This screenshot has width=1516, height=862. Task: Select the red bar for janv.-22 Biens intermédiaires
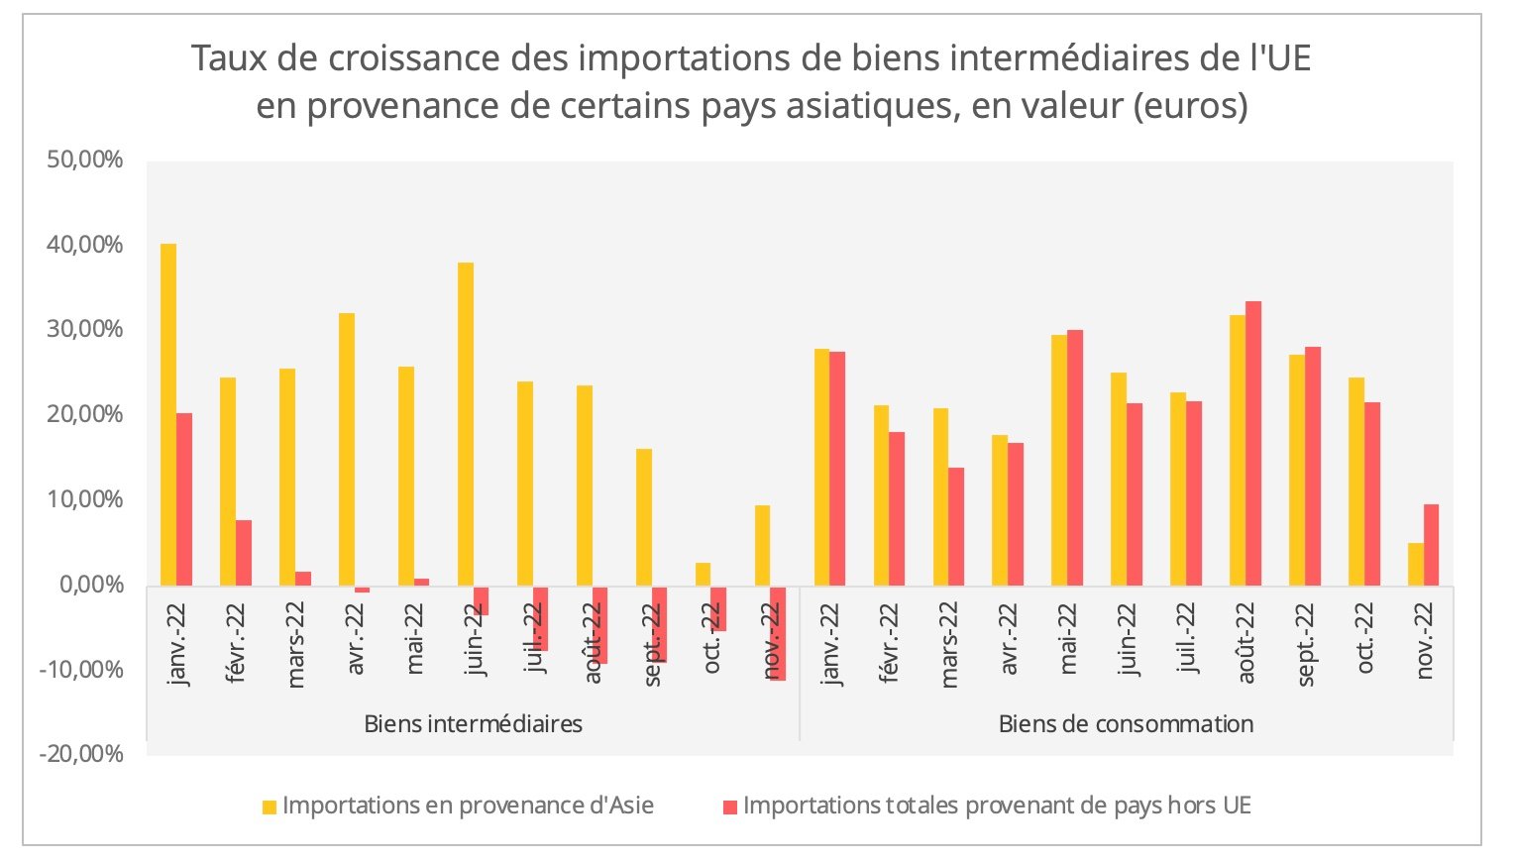pyautogui.click(x=184, y=499)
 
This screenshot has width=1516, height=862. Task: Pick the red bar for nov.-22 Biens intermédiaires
pyautogui.click(x=778, y=633)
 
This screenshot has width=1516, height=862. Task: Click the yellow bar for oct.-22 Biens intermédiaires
pyautogui.click(x=704, y=575)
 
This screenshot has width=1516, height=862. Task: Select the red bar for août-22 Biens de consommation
pyautogui.click(x=1253, y=443)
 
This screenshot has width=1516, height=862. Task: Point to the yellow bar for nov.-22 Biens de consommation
pyautogui.click(x=1416, y=564)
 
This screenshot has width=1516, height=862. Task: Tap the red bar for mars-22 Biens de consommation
pyautogui.click(x=956, y=526)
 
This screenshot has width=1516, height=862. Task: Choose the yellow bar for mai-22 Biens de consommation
pyautogui.click(x=1059, y=461)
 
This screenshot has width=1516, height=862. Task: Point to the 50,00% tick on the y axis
pyautogui.click(x=85, y=161)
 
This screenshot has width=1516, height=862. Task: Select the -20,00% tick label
pyautogui.click(x=82, y=754)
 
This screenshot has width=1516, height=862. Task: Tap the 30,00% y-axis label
pyautogui.click(x=85, y=330)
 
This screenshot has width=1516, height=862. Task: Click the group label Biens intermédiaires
pyautogui.click(x=473, y=723)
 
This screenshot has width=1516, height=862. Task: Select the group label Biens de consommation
pyautogui.click(x=1126, y=723)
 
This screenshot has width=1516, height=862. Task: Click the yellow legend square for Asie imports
pyautogui.click(x=270, y=808)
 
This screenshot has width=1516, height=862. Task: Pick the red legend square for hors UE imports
pyautogui.click(x=730, y=808)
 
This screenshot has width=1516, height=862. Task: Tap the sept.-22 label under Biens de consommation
pyautogui.click(x=1307, y=645)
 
